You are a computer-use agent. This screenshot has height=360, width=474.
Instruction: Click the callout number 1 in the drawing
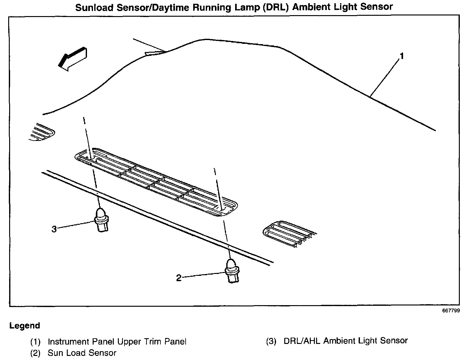point(402,56)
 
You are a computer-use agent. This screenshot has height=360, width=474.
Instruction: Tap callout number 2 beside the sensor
point(179,278)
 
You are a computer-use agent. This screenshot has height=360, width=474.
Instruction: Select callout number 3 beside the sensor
point(54,229)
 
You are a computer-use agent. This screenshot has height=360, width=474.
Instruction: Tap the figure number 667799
point(451,311)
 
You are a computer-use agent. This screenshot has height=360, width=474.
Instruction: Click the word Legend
point(25,326)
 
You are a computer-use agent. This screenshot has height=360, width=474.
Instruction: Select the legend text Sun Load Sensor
point(82,353)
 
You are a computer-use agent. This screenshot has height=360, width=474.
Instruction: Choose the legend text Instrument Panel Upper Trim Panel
point(117,341)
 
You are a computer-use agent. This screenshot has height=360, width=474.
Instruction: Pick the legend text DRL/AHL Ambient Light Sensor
point(346,341)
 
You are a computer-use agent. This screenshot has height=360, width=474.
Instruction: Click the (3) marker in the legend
point(271,341)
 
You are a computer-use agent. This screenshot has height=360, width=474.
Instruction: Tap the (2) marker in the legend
point(35,353)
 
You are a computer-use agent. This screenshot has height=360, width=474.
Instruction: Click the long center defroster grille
point(156,182)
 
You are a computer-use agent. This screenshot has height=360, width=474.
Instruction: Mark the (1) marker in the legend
point(35,342)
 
